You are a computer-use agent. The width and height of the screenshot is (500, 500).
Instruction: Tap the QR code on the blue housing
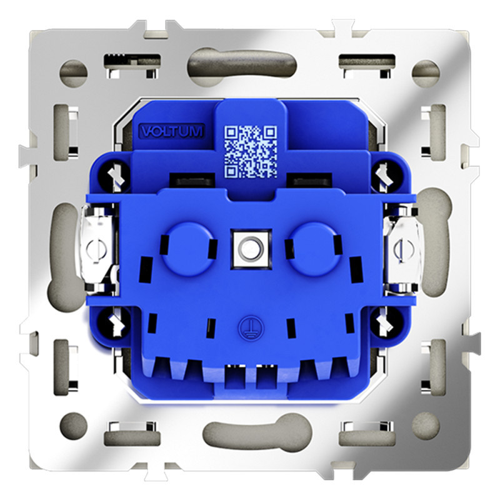[251, 150]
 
